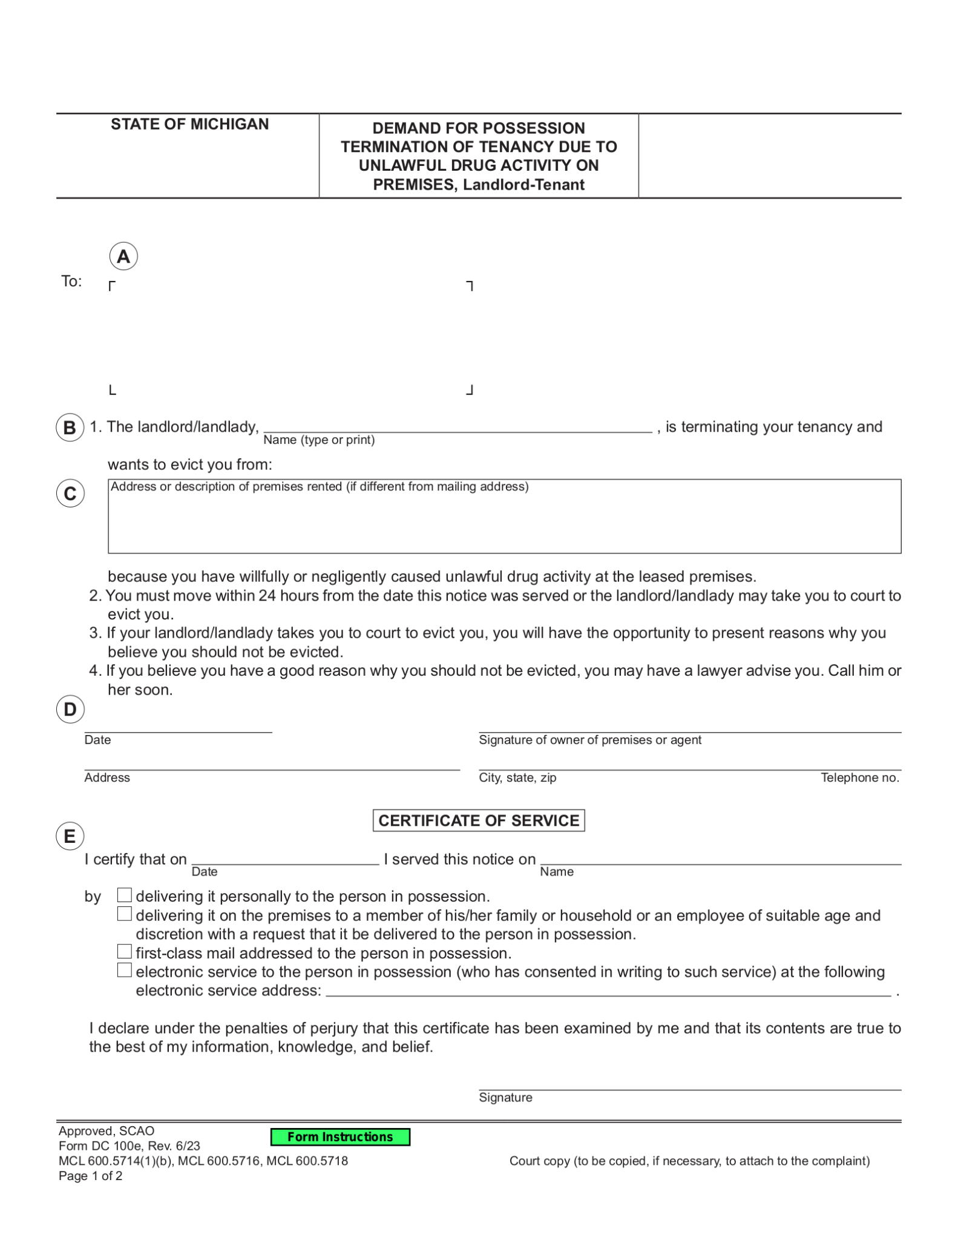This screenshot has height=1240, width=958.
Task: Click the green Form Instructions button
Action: [x=340, y=1136]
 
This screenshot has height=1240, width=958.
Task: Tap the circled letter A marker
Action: [x=123, y=257]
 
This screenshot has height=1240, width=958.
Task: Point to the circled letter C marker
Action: [x=70, y=493]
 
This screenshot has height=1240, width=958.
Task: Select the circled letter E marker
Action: [x=70, y=836]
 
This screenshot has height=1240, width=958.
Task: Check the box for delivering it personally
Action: [x=124, y=895]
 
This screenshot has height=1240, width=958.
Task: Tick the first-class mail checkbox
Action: [x=124, y=951]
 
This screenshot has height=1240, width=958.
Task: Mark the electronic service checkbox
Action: [x=124, y=970]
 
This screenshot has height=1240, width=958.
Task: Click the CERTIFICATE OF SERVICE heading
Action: [x=478, y=820]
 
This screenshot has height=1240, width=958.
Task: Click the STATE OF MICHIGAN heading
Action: [x=189, y=124]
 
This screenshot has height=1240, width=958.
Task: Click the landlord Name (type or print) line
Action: [x=458, y=426]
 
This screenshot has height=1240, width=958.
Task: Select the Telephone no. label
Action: [x=859, y=777]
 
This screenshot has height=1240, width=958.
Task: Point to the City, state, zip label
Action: [x=517, y=777]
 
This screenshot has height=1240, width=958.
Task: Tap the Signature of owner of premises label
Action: [x=590, y=740]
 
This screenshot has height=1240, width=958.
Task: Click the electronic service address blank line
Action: [x=608, y=990]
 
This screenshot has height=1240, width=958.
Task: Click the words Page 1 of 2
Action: [x=91, y=1176]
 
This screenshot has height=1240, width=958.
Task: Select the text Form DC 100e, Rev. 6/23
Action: [x=129, y=1146]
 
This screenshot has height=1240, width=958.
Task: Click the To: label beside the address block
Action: [x=71, y=281]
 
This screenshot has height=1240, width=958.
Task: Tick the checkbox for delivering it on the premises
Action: [x=124, y=914]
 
